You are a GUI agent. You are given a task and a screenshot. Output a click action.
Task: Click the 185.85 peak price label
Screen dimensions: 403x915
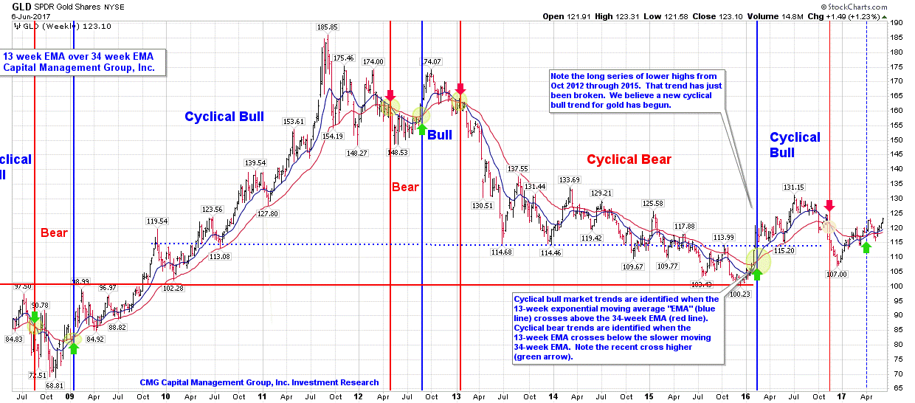click(327, 27)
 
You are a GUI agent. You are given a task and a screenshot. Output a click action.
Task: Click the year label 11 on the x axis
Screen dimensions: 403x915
click(262, 396)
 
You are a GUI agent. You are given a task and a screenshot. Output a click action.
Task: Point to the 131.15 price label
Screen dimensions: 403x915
click(794, 187)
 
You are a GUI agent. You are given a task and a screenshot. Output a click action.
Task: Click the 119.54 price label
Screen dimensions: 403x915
click(156, 221)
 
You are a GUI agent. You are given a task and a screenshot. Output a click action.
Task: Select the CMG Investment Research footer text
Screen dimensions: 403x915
click(259, 382)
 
